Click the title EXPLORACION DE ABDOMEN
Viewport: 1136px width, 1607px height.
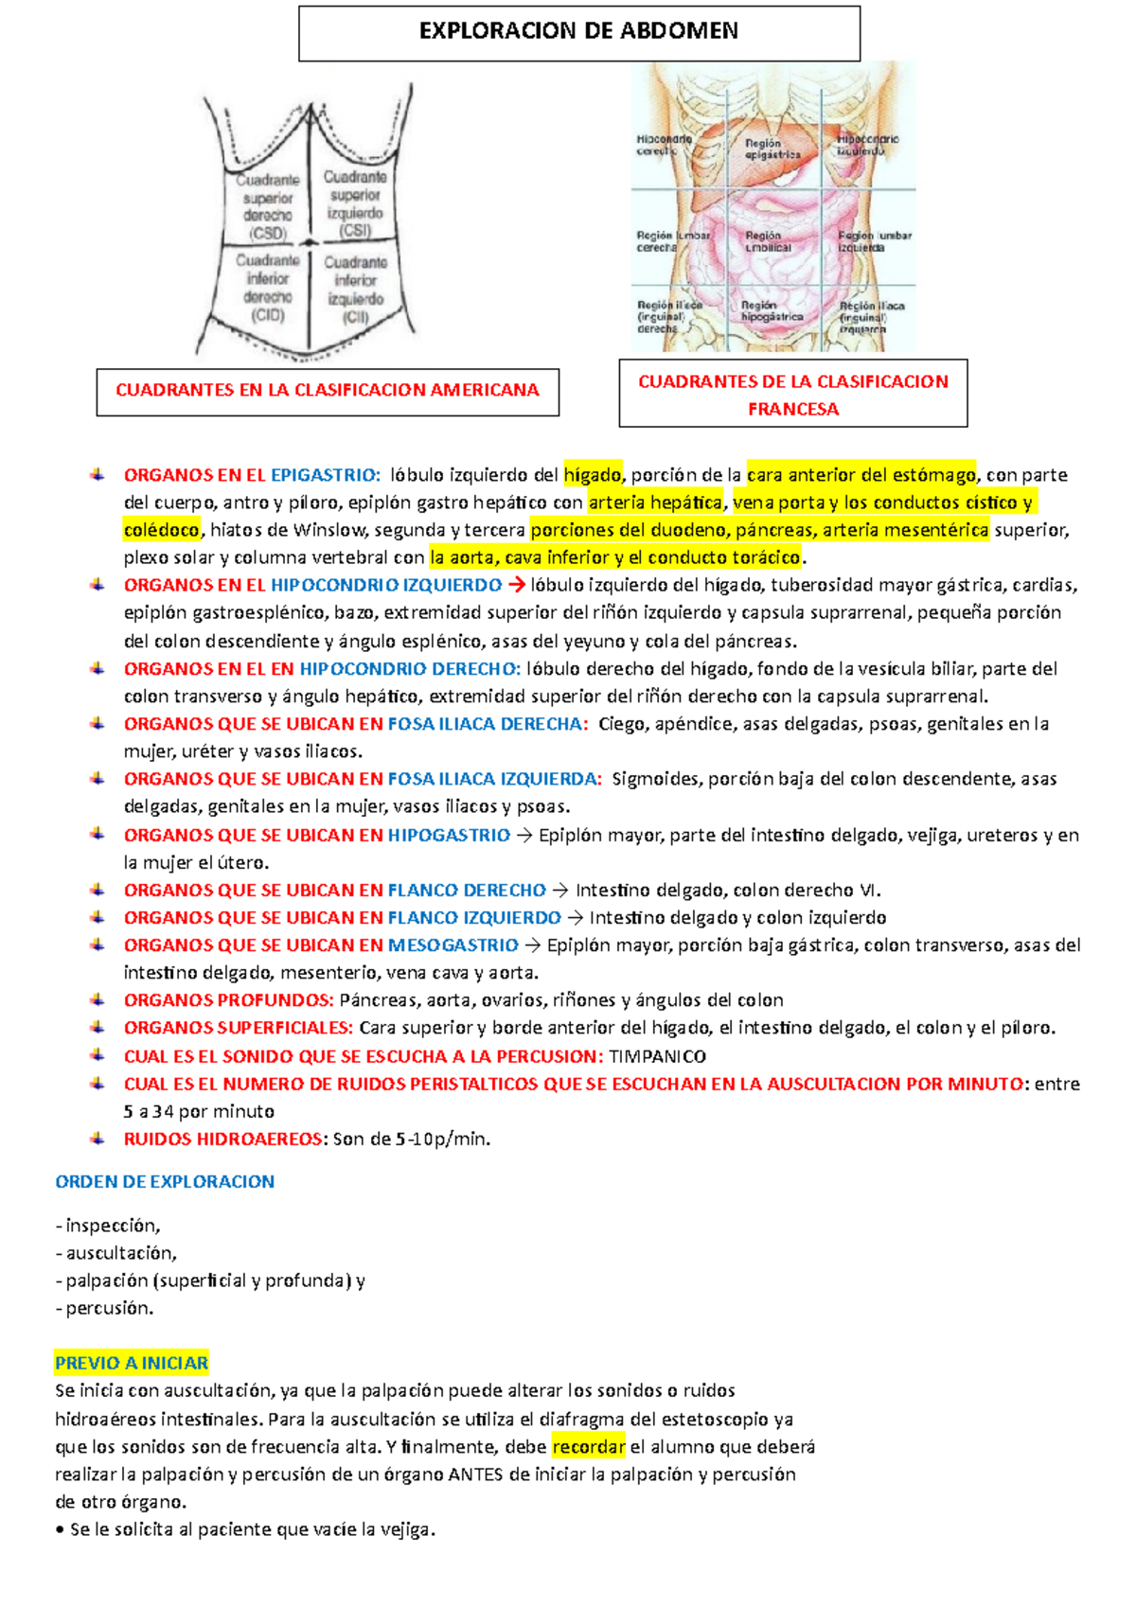coord(578,31)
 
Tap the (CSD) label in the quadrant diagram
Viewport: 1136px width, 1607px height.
coord(268,234)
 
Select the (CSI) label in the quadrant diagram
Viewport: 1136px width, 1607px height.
coord(355,231)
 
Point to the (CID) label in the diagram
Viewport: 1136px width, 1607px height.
coord(268,315)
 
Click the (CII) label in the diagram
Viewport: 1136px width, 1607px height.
coord(355,317)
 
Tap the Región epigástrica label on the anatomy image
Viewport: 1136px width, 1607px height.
coord(772,149)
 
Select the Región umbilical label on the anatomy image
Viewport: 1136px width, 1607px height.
coord(767,241)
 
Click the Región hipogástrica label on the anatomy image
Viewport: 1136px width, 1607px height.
coord(772,311)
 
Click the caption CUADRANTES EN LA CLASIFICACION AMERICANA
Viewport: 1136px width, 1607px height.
coord(328,390)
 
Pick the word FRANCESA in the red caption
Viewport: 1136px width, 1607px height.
coord(793,409)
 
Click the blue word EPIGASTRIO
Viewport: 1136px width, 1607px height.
coord(324,475)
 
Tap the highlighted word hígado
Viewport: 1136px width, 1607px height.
coord(593,475)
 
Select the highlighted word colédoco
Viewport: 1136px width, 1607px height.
coord(162,530)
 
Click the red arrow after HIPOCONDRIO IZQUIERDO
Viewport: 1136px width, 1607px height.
coord(517,585)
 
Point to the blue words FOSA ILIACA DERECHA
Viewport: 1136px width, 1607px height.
coord(487,724)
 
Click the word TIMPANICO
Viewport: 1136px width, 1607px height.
coord(657,1056)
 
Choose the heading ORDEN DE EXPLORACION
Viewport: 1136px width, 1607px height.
coord(165,1181)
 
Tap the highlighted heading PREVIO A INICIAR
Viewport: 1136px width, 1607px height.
coord(132,1363)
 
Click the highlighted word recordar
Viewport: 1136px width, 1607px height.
coord(588,1446)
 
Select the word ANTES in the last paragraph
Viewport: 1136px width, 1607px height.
coord(475,1474)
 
